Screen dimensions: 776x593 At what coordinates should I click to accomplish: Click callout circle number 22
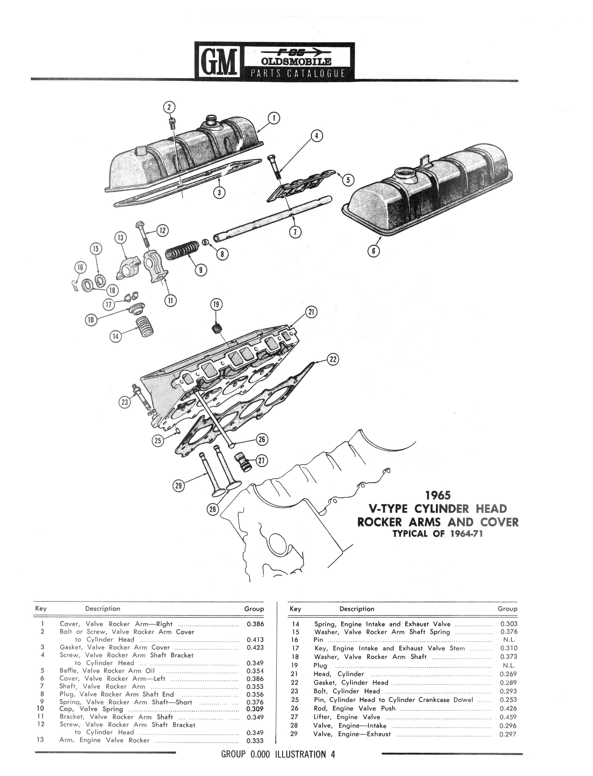pyautogui.click(x=333, y=359)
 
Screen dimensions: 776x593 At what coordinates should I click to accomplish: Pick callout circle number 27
pyautogui.click(x=262, y=461)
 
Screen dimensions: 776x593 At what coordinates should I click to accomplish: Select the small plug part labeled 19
pyautogui.click(x=217, y=329)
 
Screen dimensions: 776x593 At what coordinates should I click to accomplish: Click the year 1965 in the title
pyautogui.click(x=438, y=495)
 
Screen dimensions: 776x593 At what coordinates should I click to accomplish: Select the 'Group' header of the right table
pyautogui.click(x=507, y=609)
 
